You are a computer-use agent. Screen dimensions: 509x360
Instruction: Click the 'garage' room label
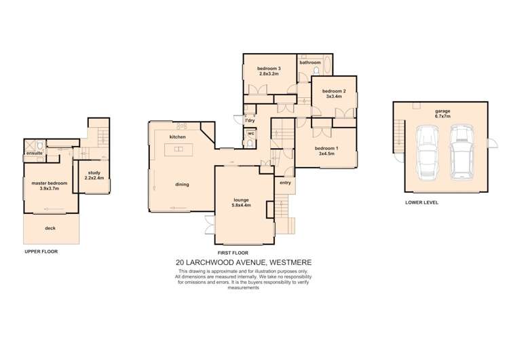point(442,111)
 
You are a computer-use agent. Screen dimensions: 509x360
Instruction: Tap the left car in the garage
point(428,152)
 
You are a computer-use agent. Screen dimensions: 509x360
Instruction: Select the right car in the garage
point(462,152)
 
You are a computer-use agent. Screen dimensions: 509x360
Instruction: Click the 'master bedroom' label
point(50,183)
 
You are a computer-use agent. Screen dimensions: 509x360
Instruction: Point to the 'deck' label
point(50,228)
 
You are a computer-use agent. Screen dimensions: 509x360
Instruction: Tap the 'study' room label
point(94,173)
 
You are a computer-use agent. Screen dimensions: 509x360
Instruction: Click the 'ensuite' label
point(35,153)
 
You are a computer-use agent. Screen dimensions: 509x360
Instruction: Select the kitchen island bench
point(178,149)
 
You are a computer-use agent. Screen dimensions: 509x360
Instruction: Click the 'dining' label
point(182,185)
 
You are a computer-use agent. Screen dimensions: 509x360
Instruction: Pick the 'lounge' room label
point(241,200)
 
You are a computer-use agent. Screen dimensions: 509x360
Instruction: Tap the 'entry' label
point(285,183)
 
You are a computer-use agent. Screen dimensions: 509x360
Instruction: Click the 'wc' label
point(251,133)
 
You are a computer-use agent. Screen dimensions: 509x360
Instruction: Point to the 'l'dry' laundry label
point(250,120)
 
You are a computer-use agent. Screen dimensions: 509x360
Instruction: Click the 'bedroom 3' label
point(269,69)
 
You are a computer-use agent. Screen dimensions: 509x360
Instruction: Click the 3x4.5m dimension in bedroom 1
point(326,154)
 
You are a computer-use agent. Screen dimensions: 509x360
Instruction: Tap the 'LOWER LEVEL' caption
point(421,202)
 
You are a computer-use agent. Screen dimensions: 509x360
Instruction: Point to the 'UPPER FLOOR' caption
point(41,251)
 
